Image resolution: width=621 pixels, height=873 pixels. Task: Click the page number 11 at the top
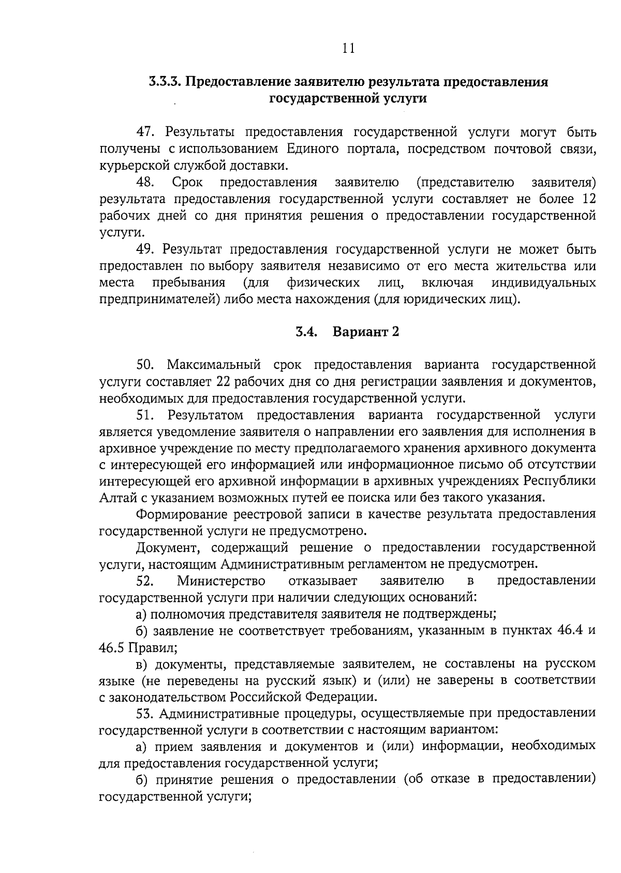pyautogui.click(x=348, y=49)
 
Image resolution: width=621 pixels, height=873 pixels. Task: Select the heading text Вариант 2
pyautogui.click(x=366, y=332)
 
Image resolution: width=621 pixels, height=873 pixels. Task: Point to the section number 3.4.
pyautogui.click(x=306, y=332)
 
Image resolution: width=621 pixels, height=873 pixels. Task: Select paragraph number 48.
pyautogui.click(x=146, y=182)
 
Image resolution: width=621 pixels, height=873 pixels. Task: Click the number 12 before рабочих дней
pyautogui.click(x=588, y=199)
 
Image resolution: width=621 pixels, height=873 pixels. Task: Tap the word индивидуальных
pyautogui.click(x=544, y=283)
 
